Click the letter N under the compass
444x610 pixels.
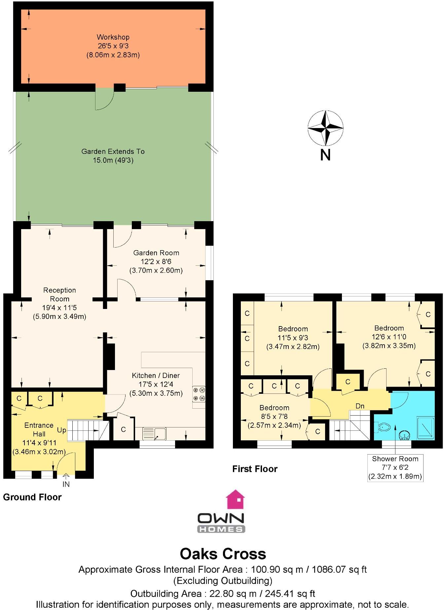[325, 154]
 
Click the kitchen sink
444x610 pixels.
[155, 433]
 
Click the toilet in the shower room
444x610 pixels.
[383, 427]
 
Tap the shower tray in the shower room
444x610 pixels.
[425, 428]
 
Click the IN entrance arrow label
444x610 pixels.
[66, 484]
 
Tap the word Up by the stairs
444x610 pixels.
[61, 430]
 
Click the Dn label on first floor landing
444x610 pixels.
[360, 406]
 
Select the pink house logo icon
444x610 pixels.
[235, 499]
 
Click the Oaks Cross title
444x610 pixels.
[223, 554]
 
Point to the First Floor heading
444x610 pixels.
[255, 469]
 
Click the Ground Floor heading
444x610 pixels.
[32, 497]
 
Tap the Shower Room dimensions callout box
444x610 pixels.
[395, 467]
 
